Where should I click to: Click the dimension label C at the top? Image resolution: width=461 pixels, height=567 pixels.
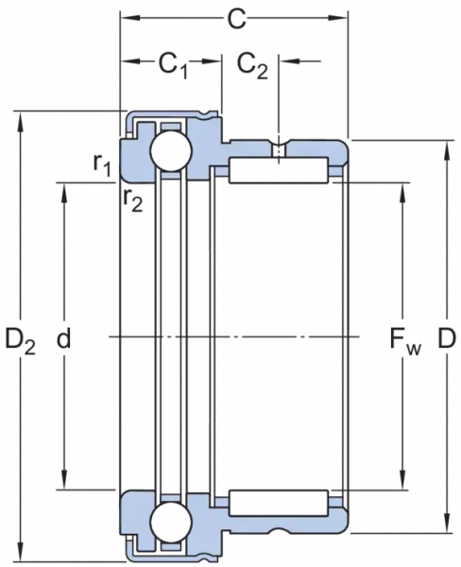point(236,19)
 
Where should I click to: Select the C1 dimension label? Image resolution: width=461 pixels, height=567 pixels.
point(174,66)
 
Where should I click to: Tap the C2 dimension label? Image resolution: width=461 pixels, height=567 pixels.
point(253,66)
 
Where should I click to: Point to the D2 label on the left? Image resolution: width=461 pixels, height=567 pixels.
point(20,341)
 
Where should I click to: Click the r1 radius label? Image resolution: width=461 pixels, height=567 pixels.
point(102,165)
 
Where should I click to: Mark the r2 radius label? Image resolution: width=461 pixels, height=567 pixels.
point(132,200)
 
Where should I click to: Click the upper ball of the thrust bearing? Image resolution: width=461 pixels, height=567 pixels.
point(171,151)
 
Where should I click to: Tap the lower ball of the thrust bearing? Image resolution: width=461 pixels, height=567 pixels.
point(171,522)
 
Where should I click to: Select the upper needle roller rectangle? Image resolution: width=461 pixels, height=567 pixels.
point(279,170)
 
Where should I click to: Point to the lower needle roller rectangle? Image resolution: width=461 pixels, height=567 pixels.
point(279,503)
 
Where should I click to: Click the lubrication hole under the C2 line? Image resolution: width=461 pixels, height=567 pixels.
point(279,150)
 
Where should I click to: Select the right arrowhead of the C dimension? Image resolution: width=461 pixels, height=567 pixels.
point(336,18)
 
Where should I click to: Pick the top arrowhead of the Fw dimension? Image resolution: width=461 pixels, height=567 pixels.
point(403,194)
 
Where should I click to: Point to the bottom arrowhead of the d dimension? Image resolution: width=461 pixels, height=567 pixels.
point(64,479)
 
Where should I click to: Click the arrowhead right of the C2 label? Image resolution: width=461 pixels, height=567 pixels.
point(290,61)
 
